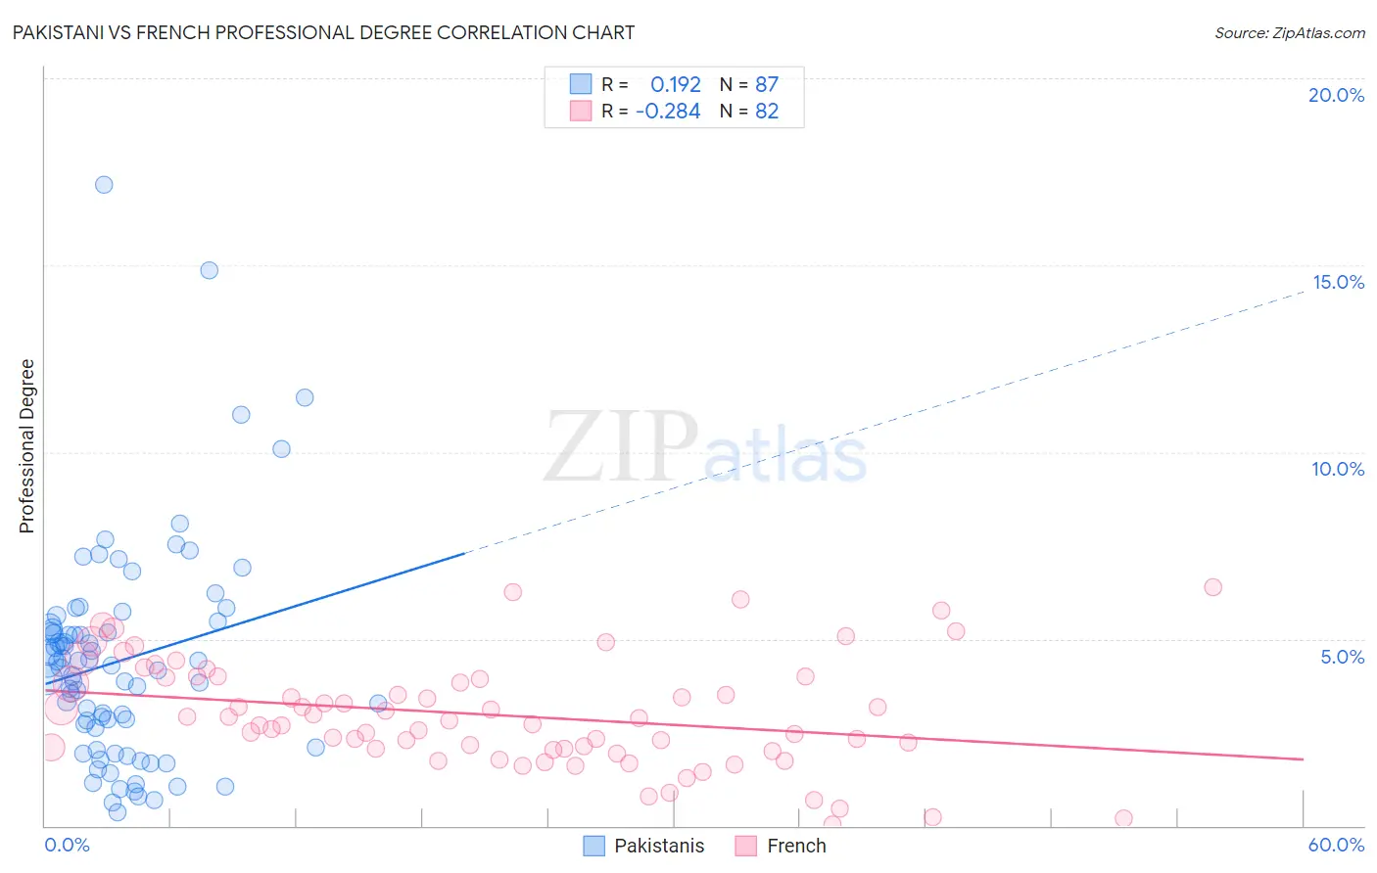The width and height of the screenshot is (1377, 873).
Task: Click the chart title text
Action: (323, 32)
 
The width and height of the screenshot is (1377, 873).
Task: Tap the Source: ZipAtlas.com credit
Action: (1289, 32)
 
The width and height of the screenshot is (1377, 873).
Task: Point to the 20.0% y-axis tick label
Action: (1336, 95)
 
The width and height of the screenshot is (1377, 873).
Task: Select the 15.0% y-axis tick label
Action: (1338, 282)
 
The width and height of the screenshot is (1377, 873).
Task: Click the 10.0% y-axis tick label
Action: (1338, 469)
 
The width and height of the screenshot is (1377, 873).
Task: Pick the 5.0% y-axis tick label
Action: (1342, 657)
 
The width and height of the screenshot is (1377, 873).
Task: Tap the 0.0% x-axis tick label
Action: (67, 845)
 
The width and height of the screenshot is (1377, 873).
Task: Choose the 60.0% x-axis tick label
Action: (1336, 845)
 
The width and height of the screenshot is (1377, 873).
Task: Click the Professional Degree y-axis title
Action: (26, 446)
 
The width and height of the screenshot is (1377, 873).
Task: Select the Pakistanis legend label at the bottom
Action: (659, 846)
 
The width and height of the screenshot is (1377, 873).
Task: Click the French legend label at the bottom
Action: (796, 846)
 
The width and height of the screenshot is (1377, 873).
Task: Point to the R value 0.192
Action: (676, 85)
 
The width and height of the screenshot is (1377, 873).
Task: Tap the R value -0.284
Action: (668, 112)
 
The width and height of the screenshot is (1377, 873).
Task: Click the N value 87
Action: (767, 85)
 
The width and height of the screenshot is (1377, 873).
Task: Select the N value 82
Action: (767, 112)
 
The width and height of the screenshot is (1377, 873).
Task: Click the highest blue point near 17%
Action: (104, 185)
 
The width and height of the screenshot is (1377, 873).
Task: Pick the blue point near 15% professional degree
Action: (209, 270)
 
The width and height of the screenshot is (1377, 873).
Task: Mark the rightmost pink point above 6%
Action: (1212, 587)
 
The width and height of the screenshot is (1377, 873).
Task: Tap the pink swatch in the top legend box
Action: (581, 111)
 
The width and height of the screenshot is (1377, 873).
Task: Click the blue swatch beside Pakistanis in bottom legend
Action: (594, 846)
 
